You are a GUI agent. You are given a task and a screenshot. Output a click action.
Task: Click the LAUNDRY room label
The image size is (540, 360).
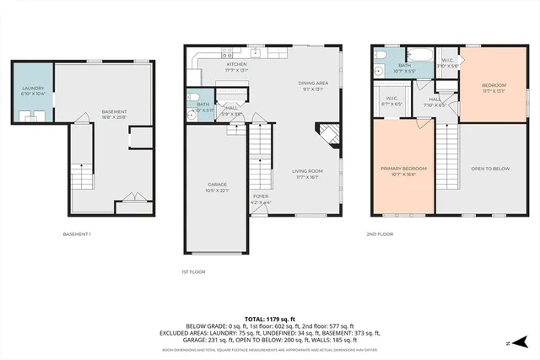click(32, 90)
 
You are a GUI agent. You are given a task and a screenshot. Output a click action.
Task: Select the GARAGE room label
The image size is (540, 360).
click(218, 186)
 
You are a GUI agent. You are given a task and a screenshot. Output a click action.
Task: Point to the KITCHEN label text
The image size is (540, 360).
click(236, 67)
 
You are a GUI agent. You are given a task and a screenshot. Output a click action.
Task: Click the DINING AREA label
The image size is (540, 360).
click(312, 85)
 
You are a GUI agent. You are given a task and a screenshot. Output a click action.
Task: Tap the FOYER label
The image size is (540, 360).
click(260, 200)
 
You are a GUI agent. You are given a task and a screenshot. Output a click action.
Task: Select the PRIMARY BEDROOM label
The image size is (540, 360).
click(403, 170)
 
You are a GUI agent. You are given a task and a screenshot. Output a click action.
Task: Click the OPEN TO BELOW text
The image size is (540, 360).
click(490, 169)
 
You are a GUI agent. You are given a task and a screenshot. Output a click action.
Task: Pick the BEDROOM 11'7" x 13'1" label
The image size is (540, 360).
click(494, 88)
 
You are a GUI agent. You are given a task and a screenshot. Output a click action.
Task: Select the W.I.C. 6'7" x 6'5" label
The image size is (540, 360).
click(391, 100)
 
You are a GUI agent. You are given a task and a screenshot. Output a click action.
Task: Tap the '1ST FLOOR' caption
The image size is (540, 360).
click(193, 271)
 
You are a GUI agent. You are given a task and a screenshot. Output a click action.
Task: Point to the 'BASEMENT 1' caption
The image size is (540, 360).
click(77, 234)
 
